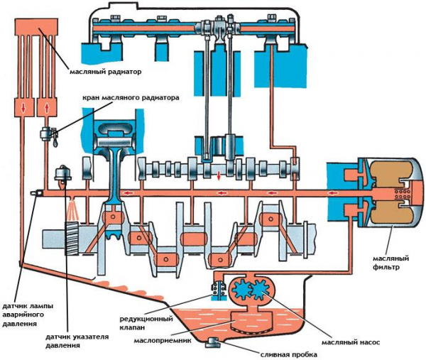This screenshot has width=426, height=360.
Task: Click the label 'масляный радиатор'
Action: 106,71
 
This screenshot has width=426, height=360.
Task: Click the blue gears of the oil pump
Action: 249,291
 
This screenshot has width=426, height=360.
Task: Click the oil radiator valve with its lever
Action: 49,133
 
